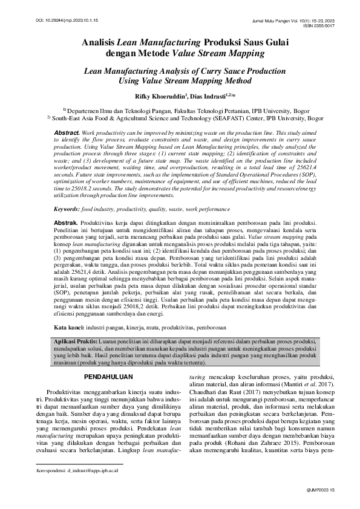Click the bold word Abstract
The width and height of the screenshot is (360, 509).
tap(67, 132)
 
